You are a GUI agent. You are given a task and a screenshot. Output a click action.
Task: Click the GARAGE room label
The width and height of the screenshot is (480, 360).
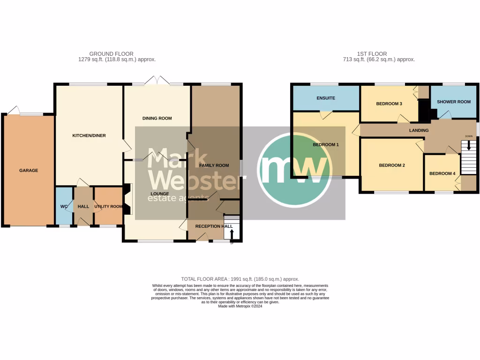pyautogui.click(x=28, y=171)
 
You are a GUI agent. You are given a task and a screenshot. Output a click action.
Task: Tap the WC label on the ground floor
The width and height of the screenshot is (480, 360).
pyautogui.click(x=64, y=206)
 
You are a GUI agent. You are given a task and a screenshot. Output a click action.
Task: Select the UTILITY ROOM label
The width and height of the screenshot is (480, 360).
pyautogui.click(x=108, y=206)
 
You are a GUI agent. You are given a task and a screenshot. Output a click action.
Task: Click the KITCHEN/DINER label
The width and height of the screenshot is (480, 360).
pyautogui.click(x=89, y=135)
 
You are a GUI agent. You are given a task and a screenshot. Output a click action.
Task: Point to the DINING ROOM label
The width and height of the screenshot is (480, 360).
pyautogui.click(x=157, y=119)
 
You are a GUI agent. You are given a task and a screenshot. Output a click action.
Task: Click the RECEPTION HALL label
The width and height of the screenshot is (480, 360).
pyautogui.click(x=214, y=226)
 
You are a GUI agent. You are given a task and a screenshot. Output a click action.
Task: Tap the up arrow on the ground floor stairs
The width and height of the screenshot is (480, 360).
pyautogui.click(x=232, y=233)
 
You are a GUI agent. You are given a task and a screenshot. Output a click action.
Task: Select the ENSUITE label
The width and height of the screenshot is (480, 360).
pyautogui.click(x=325, y=98)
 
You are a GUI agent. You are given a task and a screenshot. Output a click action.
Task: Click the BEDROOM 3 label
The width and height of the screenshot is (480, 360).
pyautogui.click(x=389, y=104)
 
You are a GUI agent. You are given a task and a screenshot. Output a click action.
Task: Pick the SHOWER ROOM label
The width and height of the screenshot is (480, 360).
pyautogui.click(x=453, y=102)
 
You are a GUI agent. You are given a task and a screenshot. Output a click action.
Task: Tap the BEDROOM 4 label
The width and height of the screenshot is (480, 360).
pyautogui.click(x=442, y=174)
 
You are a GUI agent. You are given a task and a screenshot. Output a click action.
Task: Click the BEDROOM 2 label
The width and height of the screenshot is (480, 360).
pyautogui.click(x=392, y=165)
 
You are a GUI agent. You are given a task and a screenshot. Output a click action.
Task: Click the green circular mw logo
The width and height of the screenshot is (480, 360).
pyautogui.click(x=294, y=170)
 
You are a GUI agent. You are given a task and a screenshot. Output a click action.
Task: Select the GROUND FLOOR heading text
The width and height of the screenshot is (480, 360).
pyautogui.click(x=111, y=54)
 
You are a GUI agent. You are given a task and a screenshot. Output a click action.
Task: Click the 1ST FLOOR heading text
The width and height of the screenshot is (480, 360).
pyautogui.click(x=372, y=54)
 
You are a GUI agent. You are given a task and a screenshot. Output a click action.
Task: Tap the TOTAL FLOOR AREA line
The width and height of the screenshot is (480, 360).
pyautogui.click(x=240, y=279)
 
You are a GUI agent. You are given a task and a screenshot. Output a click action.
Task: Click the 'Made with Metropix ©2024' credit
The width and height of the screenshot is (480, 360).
pyautogui.click(x=240, y=306)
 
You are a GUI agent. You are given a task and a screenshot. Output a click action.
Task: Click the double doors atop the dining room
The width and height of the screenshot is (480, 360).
pyautogui.click(x=157, y=81)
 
